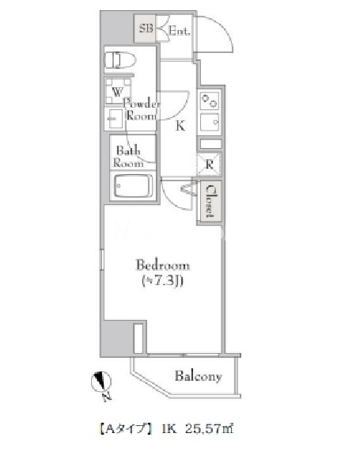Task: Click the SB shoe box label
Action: pos(146,29)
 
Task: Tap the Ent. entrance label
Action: pos(180,30)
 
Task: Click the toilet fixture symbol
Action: pos(120,60)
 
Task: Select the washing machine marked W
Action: pos(117,91)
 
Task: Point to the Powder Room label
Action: pos(142,109)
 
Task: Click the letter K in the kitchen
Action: pos(180,126)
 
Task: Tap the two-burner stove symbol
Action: pos(210,101)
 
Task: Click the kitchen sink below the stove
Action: pos(210,122)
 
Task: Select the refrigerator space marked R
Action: pos(209,165)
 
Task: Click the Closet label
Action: pos(210,202)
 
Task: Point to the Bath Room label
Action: pos(128,156)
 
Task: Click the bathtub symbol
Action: pos(134,186)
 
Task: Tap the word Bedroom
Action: pos(163,265)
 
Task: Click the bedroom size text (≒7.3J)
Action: pos(163,281)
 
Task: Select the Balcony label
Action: pos(198,376)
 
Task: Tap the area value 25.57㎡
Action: pos(210,429)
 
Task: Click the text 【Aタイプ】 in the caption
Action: pos(125,429)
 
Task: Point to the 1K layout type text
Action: pos(169,429)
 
